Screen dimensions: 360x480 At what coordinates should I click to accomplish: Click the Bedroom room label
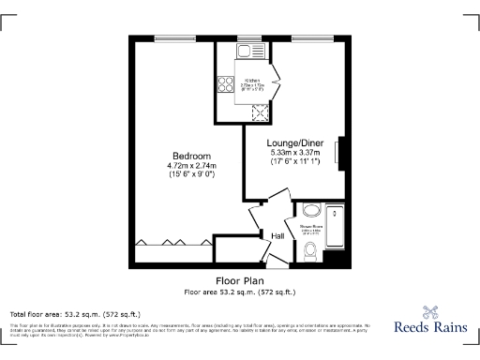(x=191, y=156)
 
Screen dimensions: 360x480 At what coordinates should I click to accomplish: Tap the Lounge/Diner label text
(x=294, y=142)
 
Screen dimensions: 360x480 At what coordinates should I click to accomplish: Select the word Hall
(x=278, y=235)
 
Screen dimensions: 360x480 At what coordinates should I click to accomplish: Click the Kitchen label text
(x=252, y=82)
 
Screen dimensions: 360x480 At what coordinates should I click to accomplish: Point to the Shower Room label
(x=310, y=225)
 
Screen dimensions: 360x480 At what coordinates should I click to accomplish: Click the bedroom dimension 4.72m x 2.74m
(x=191, y=166)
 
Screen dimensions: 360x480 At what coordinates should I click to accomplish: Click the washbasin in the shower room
(x=312, y=210)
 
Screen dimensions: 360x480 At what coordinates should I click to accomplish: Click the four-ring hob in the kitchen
(x=226, y=85)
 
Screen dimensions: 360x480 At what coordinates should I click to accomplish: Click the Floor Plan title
(x=239, y=280)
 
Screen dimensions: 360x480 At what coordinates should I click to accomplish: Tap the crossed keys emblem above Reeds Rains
(x=428, y=311)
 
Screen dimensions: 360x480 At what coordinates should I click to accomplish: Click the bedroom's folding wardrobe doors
(x=172, y=242)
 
